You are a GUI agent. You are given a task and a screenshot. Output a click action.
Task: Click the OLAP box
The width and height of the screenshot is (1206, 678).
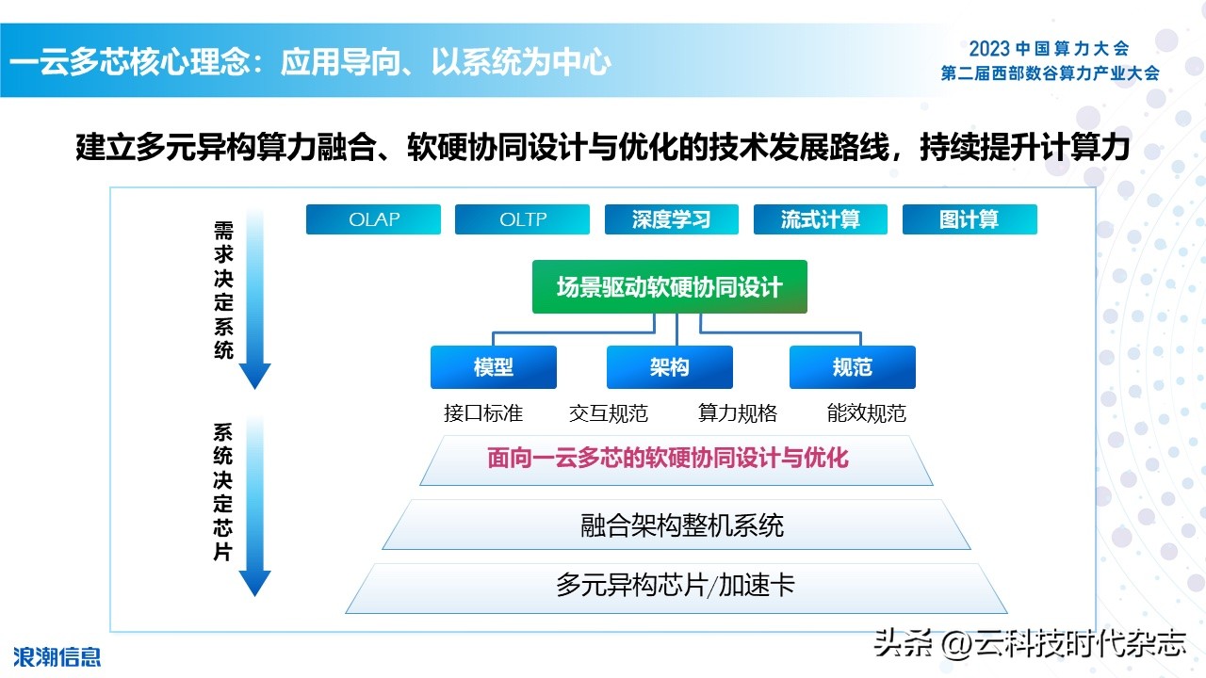pyautogui.click(x=373, y=219)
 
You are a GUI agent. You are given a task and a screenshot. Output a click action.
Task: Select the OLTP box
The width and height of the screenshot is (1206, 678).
pyautogui.click(x=522, y=219)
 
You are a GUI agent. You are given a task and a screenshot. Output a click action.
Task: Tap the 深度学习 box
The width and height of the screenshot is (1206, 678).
pyautogui.click(x=671, y=219)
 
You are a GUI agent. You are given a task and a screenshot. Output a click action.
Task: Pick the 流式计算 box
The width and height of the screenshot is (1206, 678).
pyautogui.click(x=820, y=219)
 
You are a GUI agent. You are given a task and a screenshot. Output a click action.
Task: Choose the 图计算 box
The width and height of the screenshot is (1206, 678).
pyautogui.click(x=969, y=219)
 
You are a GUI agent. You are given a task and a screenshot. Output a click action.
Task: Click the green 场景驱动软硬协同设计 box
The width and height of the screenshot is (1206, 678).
pyautogui.click(x=669, y=287)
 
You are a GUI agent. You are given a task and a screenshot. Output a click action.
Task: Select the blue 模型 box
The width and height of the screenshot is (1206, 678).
pyautogui.click(x=493, y=367)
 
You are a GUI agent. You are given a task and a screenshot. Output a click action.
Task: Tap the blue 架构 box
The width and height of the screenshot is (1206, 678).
pyautogui.click(x=669, y=367)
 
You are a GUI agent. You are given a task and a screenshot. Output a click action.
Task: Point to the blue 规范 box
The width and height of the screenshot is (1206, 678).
pyautogui.click(x=852, y=367)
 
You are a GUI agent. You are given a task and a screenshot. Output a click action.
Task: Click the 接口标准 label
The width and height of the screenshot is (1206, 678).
pyautogui.click(x=482, y=413)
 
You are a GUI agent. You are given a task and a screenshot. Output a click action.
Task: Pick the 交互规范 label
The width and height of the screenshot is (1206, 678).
pyautogui.click(x=609, y=413)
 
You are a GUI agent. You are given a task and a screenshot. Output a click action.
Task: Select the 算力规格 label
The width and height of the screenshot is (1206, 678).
pyautogui.click(x=738, y=413)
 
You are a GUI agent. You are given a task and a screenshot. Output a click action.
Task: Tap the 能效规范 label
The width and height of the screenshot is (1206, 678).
pyautogui.click(x=866, y=413)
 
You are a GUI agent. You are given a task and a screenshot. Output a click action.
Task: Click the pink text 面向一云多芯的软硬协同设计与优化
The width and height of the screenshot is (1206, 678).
pyautogui.click(x=668, y=459)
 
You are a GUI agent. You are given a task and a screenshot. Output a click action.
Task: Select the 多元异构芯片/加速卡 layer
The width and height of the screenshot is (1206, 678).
pyautogui.click(x=676, y=586)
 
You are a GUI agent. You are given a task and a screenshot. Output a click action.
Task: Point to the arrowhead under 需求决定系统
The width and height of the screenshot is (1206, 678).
pyautogui.click(x=254, y=376)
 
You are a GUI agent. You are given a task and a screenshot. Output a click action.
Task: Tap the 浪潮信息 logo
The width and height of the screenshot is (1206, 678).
pyautogui.click(x=57, y=655)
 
